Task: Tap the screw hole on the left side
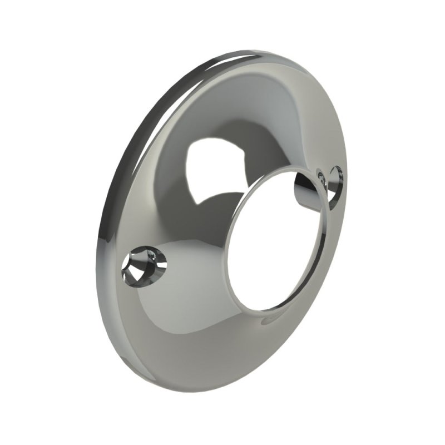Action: click(144, 264)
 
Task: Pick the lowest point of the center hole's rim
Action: click(267, 310)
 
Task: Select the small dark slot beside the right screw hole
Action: click(322, 177)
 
